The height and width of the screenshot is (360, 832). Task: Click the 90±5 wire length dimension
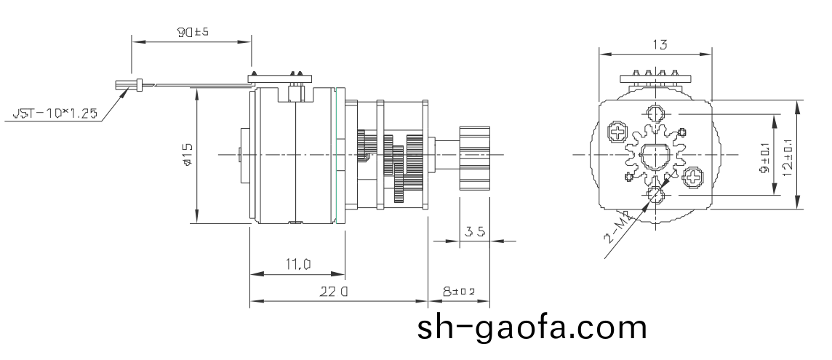coord(191,33)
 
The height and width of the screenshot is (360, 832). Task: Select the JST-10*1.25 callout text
coord(55,114)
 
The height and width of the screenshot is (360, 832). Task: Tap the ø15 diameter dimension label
coord(187,155)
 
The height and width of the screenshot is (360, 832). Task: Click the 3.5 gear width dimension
coord(475,232)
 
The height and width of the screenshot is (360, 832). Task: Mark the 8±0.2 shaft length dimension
coord(458,292)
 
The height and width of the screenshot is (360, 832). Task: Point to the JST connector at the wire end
coord(125,85)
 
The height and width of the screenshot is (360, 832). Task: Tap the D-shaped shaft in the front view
coord(655,155)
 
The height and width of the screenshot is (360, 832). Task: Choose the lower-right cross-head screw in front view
coord(693,176)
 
